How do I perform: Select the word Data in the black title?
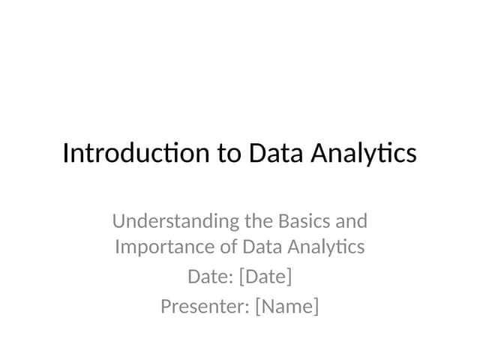(x=274, y=153)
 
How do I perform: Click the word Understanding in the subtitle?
(x=176, y=222)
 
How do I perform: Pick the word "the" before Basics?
(x=259, y=221)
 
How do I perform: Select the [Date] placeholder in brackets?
(x=265, y=277)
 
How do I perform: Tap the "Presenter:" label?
(x=205, y=307)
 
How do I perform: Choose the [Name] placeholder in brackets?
(x=286, y=307)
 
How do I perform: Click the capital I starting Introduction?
(x=65, y=153)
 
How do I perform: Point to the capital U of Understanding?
(x=118, y=221)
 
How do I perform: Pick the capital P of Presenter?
(x=166, y=307)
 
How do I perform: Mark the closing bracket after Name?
(x=316, y=307)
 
